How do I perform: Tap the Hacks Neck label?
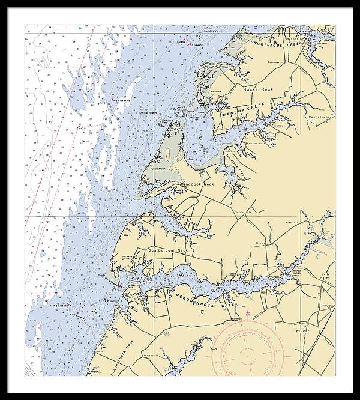[258, 89]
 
